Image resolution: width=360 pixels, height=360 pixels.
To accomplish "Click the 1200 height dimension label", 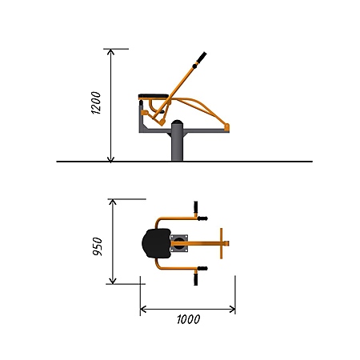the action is [x=96, y=102].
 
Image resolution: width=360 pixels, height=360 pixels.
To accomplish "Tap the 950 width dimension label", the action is [x=98, y=246].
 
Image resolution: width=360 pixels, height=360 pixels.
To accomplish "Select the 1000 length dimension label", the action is [x=189, y=319].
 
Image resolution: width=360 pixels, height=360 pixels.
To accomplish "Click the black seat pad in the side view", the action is [x=154, y=96].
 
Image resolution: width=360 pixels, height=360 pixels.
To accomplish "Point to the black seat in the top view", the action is [x=157, y=243].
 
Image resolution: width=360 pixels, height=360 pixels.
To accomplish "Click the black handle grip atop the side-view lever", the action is [x=202, y=58].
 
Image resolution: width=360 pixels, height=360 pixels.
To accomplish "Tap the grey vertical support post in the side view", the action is [x=177, y=144].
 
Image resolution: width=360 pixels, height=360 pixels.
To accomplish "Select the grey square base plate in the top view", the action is [x=179, y=243].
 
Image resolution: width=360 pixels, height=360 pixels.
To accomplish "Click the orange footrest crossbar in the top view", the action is [x=221, y=243].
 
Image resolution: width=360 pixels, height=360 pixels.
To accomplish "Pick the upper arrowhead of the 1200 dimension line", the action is [x=110, y=52].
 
